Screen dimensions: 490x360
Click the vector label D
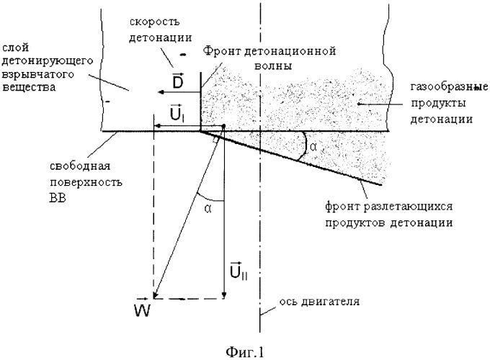coord(177,81)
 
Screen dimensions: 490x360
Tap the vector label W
coord(142,307)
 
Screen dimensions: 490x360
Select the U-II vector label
coord(239,271)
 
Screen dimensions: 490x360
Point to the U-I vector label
coord(177,113)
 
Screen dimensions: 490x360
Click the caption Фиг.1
coord(245,352)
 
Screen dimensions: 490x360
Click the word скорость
coord(155,22)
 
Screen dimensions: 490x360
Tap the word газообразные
coord(449,87)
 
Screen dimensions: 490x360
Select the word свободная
coord(80,166)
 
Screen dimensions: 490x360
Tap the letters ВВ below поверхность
coord(58,198)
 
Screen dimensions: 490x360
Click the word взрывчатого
coord(38,75)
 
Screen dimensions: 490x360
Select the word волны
coord(273,66)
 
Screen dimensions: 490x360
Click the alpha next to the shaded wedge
coord(313,147)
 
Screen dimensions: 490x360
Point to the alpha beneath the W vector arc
coord(208,209)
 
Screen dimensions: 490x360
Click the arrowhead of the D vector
coord(160,91)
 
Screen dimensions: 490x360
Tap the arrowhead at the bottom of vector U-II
coord(224,295)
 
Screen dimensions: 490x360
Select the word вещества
coord(29,87)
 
